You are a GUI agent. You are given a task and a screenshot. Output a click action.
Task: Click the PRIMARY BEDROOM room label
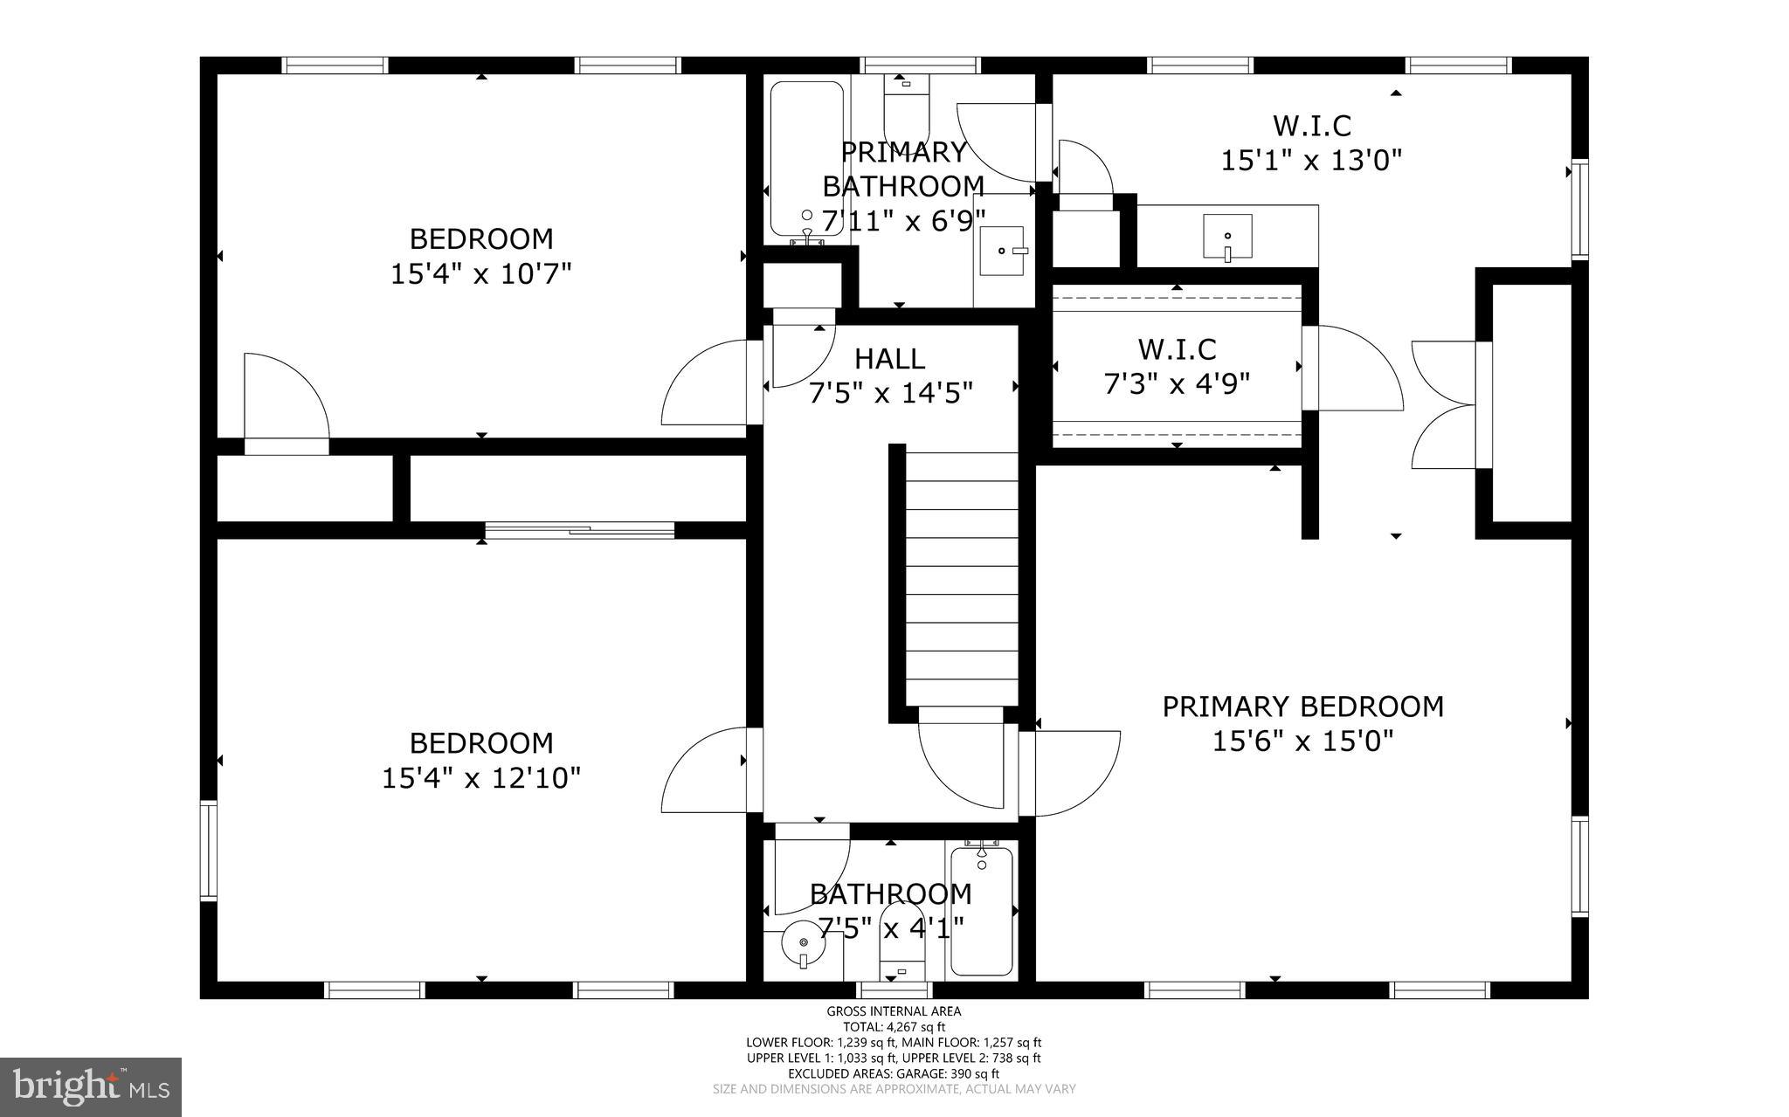[1302, 707]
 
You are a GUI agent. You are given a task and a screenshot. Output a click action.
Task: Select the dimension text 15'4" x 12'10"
[480, 778]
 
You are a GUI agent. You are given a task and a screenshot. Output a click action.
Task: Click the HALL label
[889, 359]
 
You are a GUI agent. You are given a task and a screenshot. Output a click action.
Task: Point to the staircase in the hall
[961, 576]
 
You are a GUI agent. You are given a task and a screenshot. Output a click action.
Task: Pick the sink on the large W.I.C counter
[1227, 236]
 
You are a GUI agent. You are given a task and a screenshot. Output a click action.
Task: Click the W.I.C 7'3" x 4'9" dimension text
[1177, 383]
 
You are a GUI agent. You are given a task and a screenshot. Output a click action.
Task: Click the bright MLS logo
[91, 1086]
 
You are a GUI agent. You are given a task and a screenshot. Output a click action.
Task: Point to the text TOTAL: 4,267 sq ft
[894, 1027]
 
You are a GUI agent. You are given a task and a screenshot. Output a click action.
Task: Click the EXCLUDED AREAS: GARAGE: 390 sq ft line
[894, 1073]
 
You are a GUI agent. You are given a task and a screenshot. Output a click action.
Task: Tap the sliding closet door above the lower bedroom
[579, 529]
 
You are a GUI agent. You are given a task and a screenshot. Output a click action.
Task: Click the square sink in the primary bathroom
[1002, 251]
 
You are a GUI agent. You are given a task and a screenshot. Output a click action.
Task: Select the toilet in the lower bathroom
[901, 943]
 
